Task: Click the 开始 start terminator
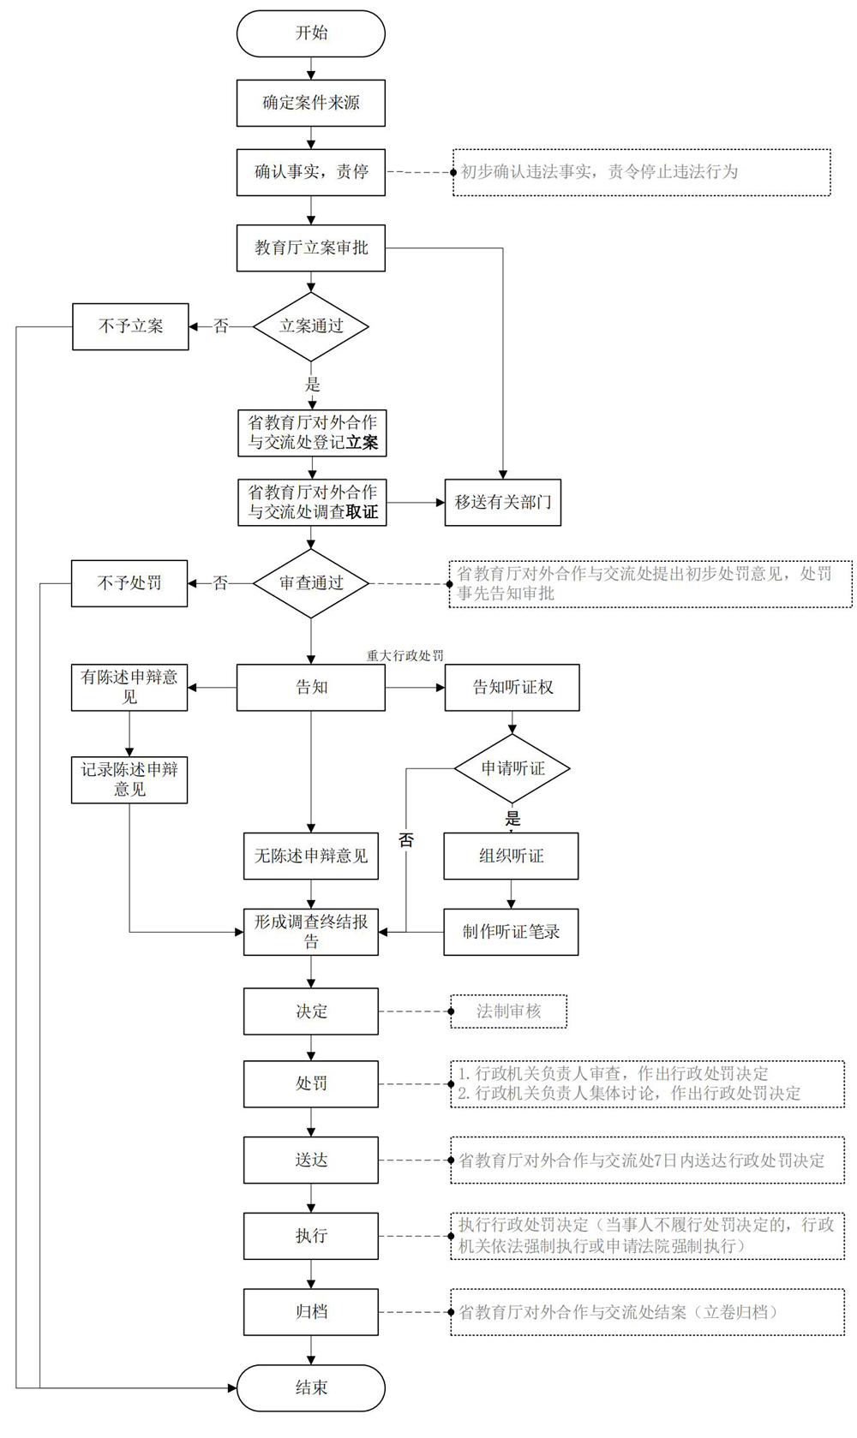[x=311, y=33]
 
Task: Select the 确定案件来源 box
[x=311, y=103]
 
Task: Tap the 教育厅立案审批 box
[x=311, y=248]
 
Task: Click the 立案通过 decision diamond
[x=311, y=327]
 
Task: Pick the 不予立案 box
[x=130, y=327]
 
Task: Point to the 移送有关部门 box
[x=503, y=503]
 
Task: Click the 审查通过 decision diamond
[x=311, y=583]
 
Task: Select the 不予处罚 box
[x=129, y=583]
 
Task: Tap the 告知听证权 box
[x=512, y=688]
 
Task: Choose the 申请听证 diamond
[x=512, y=768]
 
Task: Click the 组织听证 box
[x=511, y=856]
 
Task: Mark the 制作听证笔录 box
[x=511, y=932]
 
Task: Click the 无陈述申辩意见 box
[x=311, y=856]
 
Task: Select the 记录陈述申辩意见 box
[x=129, y=780]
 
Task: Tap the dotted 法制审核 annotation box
[x=509, y=1011]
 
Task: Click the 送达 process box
[x=311, y=1160]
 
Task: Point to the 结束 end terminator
[x=311, y=1388]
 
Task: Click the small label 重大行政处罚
[x=405, y=655]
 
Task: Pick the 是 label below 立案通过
[x=312, y=385]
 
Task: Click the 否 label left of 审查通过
[x=220, y=583]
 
